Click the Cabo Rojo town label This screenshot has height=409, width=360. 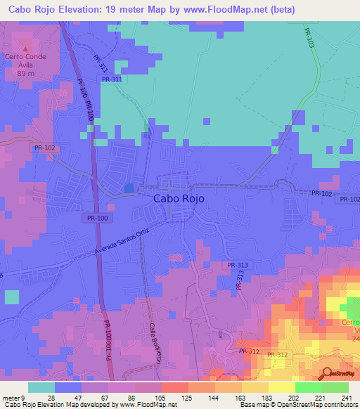click(x=179, y=199)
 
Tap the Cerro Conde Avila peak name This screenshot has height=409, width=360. click(x=25, y=65)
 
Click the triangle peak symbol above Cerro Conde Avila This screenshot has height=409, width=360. click(x=26, y=48)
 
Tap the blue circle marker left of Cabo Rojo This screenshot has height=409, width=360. click(x=129, y=188)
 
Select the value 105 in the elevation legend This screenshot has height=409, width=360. click(x=162, y=398)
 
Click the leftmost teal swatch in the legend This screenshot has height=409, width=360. click(x=41, y=387)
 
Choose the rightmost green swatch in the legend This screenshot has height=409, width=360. click(x=335, y=387)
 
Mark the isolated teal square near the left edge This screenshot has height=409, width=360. click(x=12, y=297)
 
